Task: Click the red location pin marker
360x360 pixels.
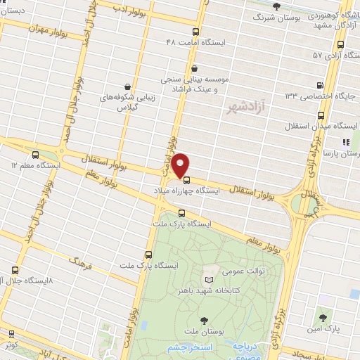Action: pyautogui.click(x=181, y=164)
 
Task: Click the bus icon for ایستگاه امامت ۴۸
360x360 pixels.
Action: pyautogui.click(x=196, y=31)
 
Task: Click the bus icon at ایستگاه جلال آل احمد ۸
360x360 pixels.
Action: pyautogui.click(x=16, y=269)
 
